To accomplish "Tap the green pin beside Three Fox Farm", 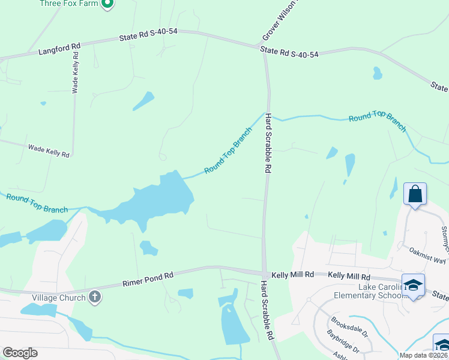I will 107,4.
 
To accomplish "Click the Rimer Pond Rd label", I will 148,278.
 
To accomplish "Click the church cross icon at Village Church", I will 94,296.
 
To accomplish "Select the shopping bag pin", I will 415,194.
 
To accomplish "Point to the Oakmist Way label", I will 427,256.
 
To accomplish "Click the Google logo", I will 20,353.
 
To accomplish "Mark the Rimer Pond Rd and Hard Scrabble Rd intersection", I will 264,272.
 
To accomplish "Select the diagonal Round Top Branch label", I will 228,151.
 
